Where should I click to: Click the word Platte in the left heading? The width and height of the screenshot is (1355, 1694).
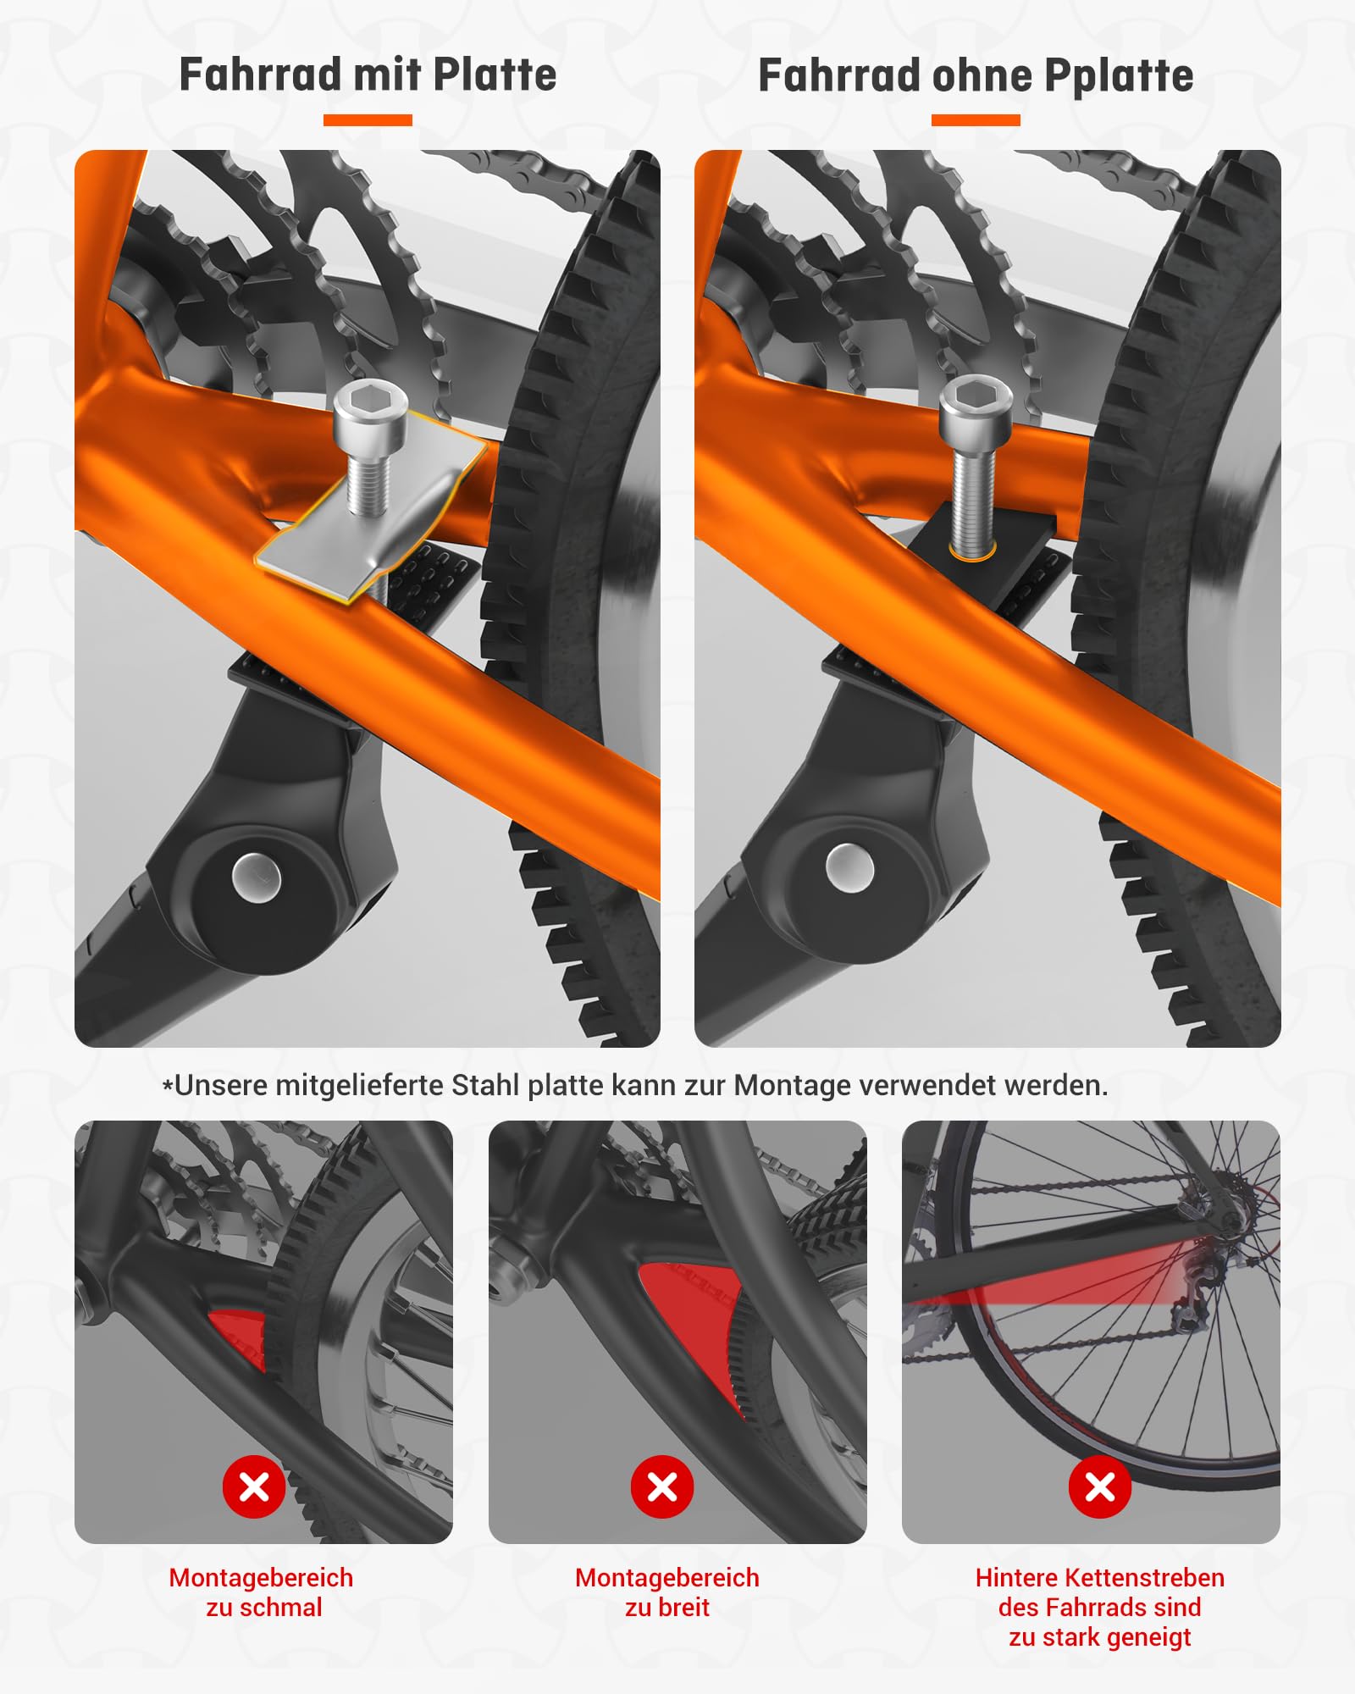[495, 75]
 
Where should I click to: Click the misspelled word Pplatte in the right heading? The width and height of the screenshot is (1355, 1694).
[1119, 75]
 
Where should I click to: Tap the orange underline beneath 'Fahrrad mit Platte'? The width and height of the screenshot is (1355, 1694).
[368, 120]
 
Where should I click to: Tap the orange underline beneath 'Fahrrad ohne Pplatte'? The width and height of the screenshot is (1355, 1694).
[976, 120]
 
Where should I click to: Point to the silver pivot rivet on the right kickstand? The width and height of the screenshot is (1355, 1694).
[849, 867]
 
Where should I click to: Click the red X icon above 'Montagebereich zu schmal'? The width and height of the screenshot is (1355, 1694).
[254, 1486]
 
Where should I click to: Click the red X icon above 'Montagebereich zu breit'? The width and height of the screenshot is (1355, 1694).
[662, 1486]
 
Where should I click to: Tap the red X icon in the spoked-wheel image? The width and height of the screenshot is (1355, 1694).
[1100, 1486]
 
